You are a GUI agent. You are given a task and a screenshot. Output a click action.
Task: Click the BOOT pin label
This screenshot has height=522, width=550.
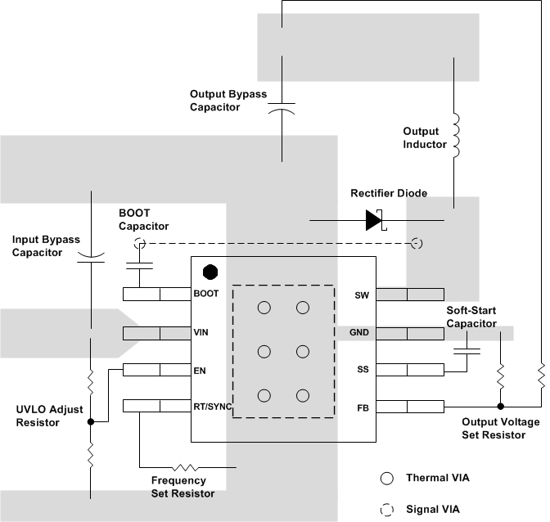pos(206,294)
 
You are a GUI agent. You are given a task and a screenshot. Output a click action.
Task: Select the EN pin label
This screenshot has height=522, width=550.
pos(201,370)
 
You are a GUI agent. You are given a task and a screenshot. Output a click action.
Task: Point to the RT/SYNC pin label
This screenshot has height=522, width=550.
pos(213,406)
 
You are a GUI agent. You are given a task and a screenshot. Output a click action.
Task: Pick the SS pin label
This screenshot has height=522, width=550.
pos(363,370)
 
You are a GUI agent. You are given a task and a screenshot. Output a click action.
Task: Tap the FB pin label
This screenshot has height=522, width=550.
pos(363,406)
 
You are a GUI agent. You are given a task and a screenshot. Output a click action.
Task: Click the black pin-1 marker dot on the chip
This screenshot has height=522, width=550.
pos(210,271)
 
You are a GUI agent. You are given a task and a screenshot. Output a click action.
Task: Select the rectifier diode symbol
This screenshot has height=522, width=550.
pos(375,220)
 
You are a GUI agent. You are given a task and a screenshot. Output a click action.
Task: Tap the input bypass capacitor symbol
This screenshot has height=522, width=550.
pos(91,258)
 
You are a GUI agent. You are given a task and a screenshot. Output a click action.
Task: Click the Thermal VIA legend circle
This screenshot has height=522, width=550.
pos(387,478)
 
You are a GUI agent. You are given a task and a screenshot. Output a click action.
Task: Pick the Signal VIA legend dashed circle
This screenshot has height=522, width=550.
pos(387,509)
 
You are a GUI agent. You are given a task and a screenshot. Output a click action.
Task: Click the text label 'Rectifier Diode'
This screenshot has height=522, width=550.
pos(389,194)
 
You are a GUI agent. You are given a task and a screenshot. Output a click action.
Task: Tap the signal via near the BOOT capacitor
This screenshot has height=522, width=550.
pos(139,243)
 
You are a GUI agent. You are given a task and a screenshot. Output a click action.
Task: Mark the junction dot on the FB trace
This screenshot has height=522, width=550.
pos(499,406)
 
